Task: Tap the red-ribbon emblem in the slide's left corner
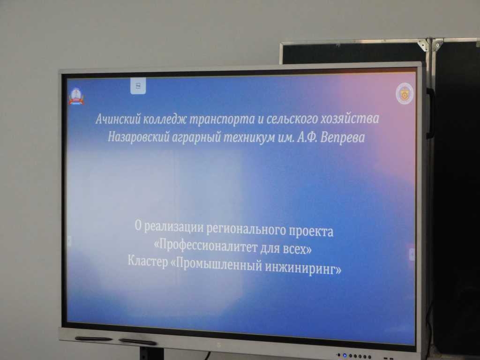[x=76, y=95]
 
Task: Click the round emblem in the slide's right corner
[x=405, y=92]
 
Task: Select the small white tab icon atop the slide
[x=138, y=86]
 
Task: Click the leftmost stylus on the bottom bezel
[x=93, y=338]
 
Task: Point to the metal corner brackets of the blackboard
[x=430, y=45]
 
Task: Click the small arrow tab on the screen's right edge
[x=412, y=254]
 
